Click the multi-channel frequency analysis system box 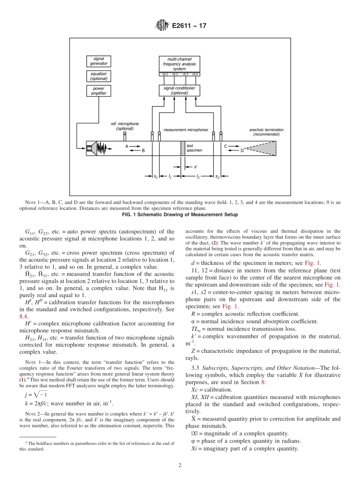point(179,64)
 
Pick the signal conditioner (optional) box point(179,90)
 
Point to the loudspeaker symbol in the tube point(90,148)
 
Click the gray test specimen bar point(183,148)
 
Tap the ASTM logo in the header point(162,26)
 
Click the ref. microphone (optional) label point(125,126)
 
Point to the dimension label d point(195,167)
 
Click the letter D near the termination point(242,150)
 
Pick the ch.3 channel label point(185,74)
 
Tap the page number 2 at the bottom point(180,465)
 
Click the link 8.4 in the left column point(23,316)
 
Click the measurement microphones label point(186,130)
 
